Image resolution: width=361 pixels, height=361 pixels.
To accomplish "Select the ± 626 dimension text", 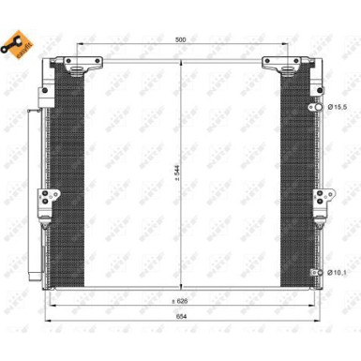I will [180, 301].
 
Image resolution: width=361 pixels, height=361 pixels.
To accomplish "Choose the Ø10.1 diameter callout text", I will [341, 272].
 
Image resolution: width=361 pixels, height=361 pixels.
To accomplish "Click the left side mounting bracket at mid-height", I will [43, 201].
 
